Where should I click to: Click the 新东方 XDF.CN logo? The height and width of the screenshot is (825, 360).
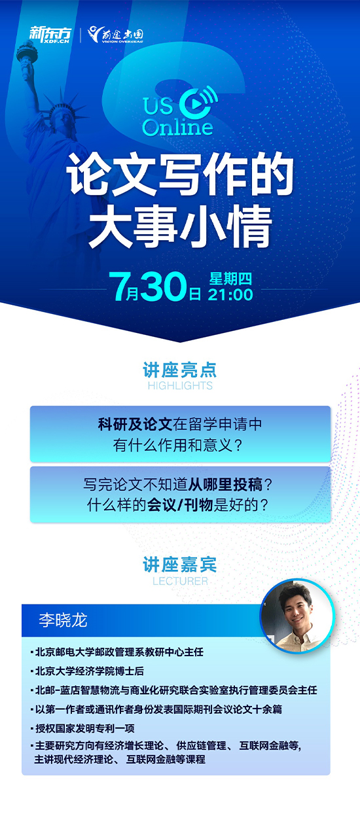(50, 35)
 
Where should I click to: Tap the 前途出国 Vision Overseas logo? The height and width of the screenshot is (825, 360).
(115, 35)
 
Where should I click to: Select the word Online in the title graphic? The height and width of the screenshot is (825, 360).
(177, 127)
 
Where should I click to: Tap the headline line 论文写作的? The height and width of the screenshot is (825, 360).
(180, 174)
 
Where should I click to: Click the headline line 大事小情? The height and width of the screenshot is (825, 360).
(180, 227)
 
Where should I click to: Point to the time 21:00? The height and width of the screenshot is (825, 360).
(230, 294)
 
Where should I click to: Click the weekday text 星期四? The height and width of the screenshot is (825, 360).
(230, 279)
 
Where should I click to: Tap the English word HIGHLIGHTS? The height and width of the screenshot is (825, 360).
(180, 385)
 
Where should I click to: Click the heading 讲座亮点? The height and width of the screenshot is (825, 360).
(180, 370)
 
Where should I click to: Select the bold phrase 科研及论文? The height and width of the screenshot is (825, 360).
(135, 425)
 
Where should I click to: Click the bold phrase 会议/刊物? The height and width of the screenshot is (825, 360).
(180, 504)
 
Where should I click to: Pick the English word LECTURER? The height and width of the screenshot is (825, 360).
(180, 581)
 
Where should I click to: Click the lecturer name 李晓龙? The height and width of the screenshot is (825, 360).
(63, 620)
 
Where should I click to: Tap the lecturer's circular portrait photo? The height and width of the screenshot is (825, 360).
(297, 616)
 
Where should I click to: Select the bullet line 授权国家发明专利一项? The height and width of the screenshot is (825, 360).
(82, 728)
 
